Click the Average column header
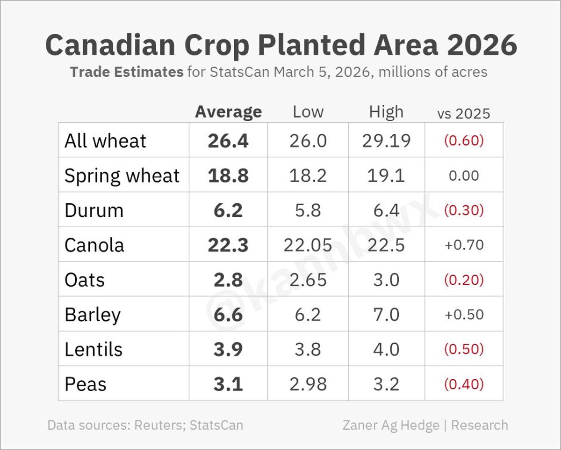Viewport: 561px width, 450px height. tap(228, 112)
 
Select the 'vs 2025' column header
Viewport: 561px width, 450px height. tap(463, 113)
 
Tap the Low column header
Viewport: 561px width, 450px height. tap(308, 112)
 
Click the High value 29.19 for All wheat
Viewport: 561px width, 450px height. tap(386, 141)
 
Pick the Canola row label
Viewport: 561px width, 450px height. tap(94, 245)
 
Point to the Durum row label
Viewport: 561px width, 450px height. tap(94, 210)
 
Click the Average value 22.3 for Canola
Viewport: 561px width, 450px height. tap(228, 245)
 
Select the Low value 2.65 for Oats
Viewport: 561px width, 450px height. tap(308, 280)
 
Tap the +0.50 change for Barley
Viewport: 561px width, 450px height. tap(464, 314)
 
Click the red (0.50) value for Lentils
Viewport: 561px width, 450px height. tap(464, 349)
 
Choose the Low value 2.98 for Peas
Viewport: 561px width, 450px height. tap(308, 384)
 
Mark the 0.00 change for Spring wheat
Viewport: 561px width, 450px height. tap(464, 176)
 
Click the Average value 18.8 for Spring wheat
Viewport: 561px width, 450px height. tap(228, 176)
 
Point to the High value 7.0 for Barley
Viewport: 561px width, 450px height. tap(386, 314)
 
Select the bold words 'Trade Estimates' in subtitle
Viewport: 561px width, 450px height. tap(126, 72)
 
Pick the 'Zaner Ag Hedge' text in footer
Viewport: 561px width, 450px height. tap(391, 425)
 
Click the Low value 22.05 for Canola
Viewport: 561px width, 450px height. tap(308, 245)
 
